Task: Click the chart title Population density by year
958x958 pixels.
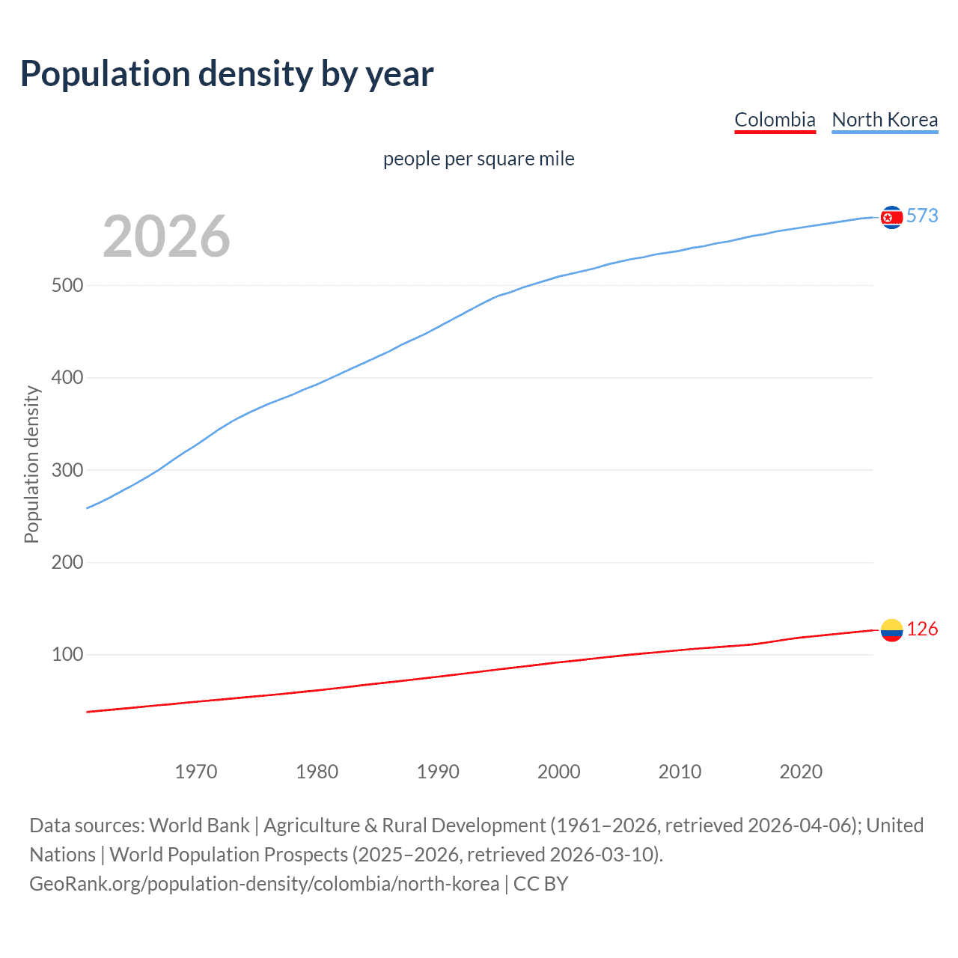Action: coord(227,73)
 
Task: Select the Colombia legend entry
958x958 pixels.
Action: coord(775,120)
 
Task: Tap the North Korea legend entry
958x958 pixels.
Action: coord(885,120)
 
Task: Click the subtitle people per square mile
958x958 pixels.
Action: coord(478,159)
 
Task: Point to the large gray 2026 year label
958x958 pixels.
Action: coord(166,237)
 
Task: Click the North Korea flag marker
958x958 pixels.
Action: coord(891,217)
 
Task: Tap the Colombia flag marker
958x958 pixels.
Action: coord(891,630)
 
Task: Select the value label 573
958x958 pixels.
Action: coord(922,216)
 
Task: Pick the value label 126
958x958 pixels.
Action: coord(922,629)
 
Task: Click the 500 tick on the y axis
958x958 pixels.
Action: coord(67,285)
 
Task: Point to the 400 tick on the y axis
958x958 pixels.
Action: coord(67,378)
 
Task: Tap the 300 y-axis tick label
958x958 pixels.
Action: coord(67,470)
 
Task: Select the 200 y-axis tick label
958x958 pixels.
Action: coord(67,562)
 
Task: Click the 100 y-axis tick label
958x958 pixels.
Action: coord(67,655)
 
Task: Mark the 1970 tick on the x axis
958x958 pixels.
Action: coord(196,772)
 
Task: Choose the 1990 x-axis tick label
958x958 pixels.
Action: coord(438,772)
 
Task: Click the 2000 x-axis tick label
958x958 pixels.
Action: coord(559,772)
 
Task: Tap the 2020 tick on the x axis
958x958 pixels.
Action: coord(801,772)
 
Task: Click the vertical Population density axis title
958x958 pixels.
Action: coord(31,464)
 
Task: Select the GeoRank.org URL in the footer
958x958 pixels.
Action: coord(264,884)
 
